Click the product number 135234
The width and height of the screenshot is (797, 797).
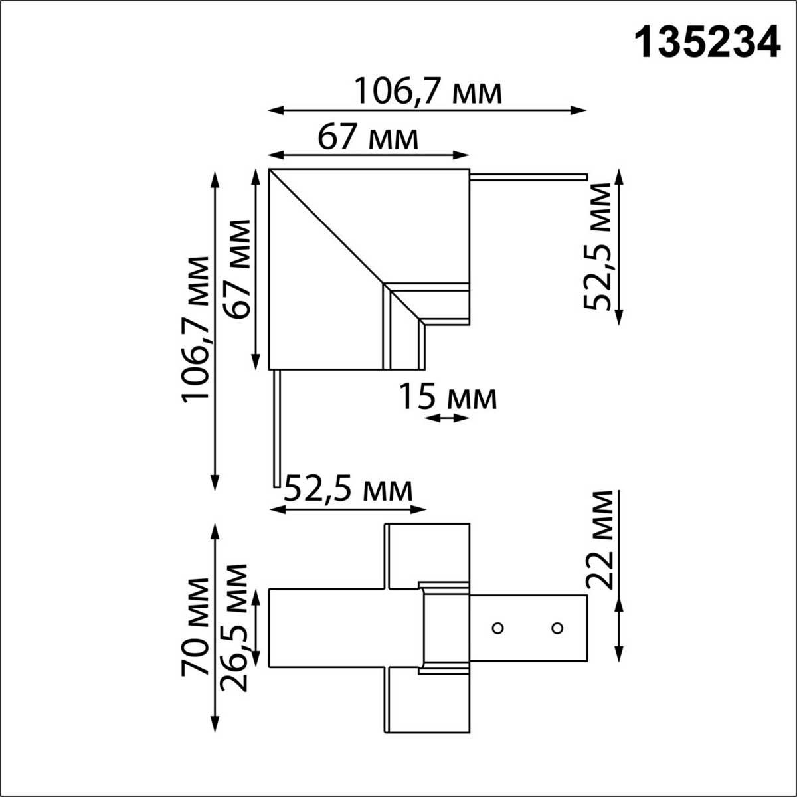pos(707,43)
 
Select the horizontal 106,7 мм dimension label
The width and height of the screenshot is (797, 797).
pos(427,92)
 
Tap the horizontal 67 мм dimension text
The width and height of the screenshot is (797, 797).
pos(369,137)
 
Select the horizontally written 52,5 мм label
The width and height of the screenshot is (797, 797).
pos(349,491)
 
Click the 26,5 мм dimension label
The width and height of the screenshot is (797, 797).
pos(236,628)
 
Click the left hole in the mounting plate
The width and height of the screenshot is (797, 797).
pos(496,628)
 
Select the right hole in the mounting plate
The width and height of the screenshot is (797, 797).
pos(557,628)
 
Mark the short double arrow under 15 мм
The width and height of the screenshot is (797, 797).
pos(447,418)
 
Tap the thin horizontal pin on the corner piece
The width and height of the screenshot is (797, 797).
pos(529,177)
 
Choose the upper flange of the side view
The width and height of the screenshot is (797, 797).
pos(428,555)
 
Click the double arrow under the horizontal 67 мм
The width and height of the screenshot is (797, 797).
pos(369,155)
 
